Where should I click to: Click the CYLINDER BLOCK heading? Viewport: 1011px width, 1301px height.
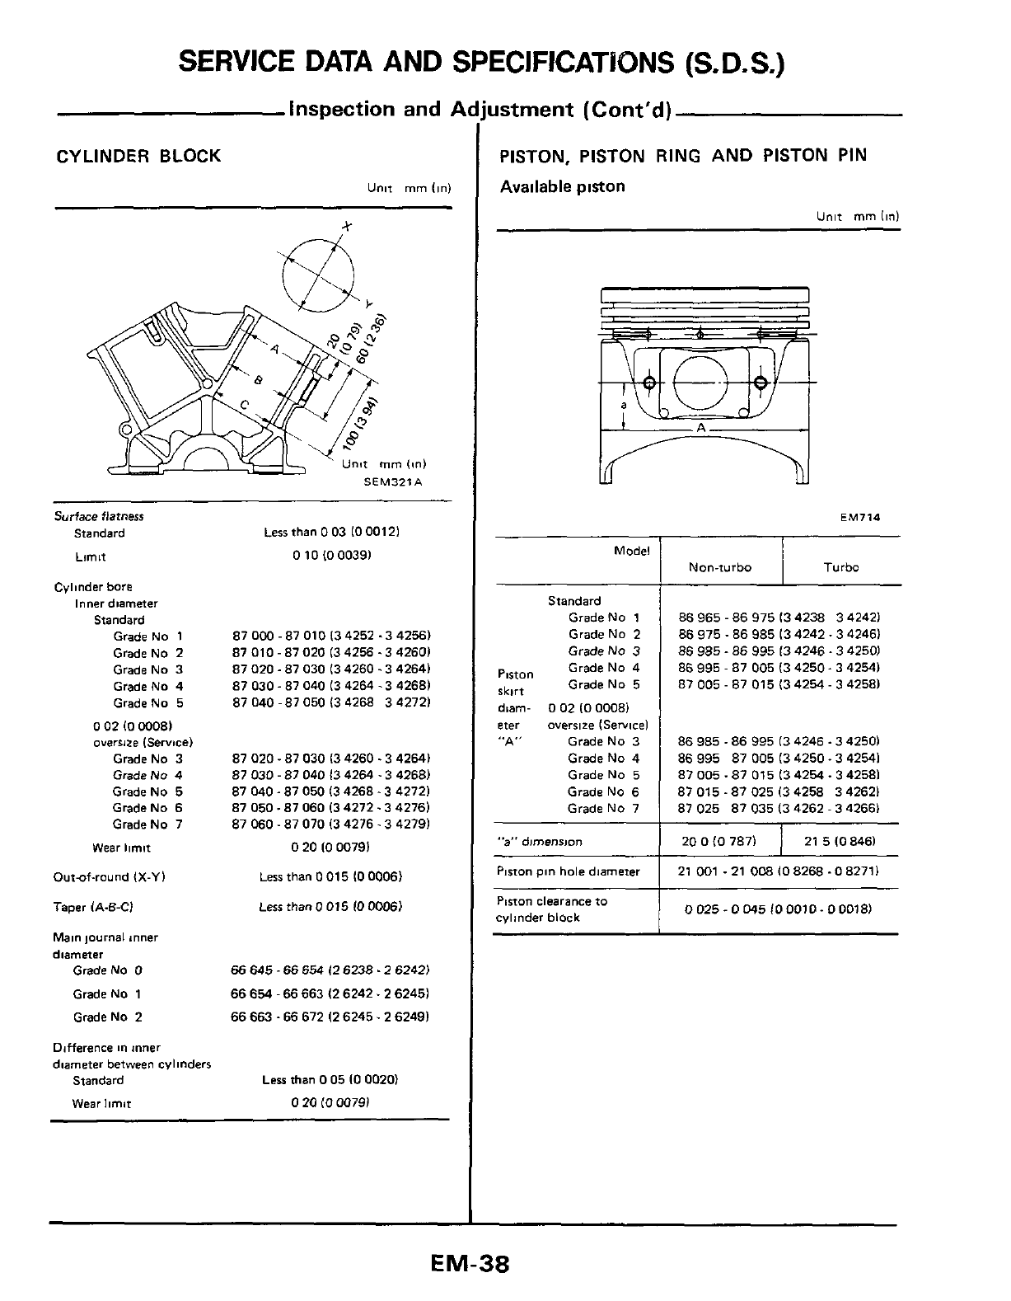(x=138, y=156)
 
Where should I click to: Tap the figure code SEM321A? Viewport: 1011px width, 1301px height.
(x=392, y=482)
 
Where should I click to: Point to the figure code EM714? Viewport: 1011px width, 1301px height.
(x=860, y=518)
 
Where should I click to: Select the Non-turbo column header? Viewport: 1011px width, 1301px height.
(x=719, y=567)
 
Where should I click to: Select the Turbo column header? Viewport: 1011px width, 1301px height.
(x=840, y=567)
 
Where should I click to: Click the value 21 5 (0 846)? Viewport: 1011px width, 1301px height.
(x=839, y=842)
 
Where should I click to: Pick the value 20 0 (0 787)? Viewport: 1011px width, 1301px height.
(x=719, y=842)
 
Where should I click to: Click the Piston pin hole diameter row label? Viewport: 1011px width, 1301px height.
(x=568, y=871)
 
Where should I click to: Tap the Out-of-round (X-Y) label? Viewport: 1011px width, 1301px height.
(x=110, y=877)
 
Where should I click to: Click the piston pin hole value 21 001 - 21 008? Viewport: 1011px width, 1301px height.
(x=777, y=871)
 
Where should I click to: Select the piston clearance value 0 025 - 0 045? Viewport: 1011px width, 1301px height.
(x=778, y=909)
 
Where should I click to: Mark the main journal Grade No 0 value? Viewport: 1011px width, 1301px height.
(x=330, y=970)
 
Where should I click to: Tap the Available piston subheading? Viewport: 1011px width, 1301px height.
(x=562, y=186)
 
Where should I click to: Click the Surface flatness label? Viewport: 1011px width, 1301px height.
(x=99, y=516)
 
